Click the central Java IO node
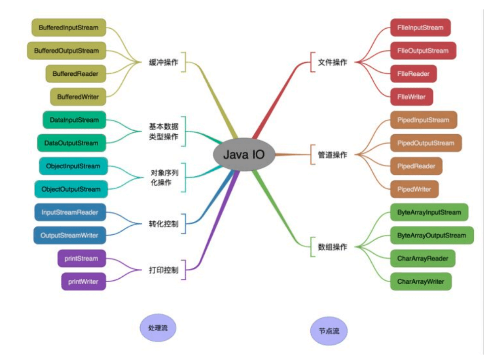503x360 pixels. click(x=244, y=154)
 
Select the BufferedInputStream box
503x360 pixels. click(x=69, y=28)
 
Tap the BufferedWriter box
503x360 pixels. click(x=78, y=97)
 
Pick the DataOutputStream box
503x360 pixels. click(x=71, y=143)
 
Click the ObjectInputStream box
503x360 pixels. click(x=73, y=166)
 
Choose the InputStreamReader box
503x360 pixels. click(x=70, y=212)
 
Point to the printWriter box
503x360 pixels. click(x=83, y=282)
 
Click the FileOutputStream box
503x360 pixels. click(x=423, y=51)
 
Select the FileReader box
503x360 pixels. click(x=413, y=74)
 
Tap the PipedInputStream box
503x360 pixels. click(x=423, y=120)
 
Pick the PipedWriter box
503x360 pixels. click(x=414, y=189)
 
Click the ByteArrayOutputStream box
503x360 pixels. click(x=432, y=235)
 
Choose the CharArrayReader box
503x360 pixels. click(x=422, y=258)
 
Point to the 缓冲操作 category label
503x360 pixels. click(x=164, y=62)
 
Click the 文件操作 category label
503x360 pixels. click(x=333, y=62)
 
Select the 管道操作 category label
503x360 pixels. click(x=333, y=155)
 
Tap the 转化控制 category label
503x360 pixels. click(x=164, y=224)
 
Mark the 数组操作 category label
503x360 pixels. click(x=333, y=247)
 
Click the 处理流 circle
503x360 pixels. click(x=158, y=328)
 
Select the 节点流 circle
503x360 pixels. click(x=329, y=331)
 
